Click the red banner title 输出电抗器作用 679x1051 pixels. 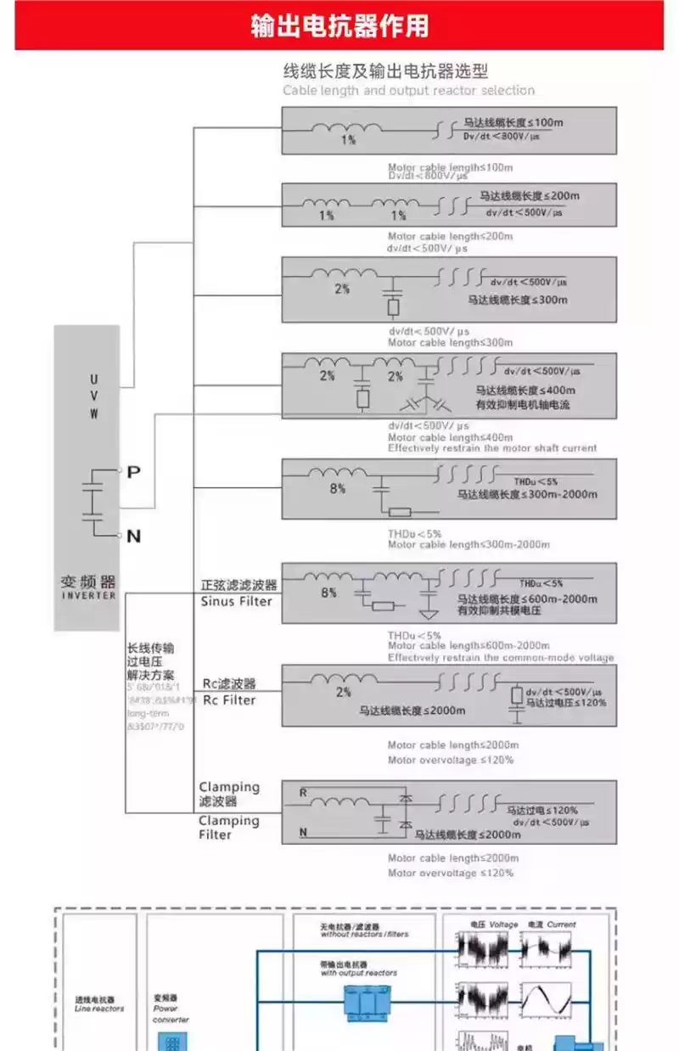tap(339, 25)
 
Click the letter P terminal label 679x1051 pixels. tap(133, 472)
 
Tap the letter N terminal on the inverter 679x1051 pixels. tap(133, 536)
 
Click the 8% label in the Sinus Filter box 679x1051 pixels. tap(328, 593)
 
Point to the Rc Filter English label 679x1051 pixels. tap(228, 700)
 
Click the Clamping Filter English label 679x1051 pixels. tap(228, 828)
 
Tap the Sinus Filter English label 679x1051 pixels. tap(236, 602)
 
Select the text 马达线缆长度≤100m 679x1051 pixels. tap(513, 122)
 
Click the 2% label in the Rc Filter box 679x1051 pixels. tap(343, 692)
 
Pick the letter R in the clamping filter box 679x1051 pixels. tap(303, 792)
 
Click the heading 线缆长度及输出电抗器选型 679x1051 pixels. tap(385, 71)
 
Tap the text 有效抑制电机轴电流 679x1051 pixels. tap(523, 405)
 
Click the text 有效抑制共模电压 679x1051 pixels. tap(499, 610)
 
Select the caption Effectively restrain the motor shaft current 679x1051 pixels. tap(492, 448)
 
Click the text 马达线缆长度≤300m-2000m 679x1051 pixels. tap(527, 494)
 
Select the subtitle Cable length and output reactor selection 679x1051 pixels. tap(408, 91)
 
